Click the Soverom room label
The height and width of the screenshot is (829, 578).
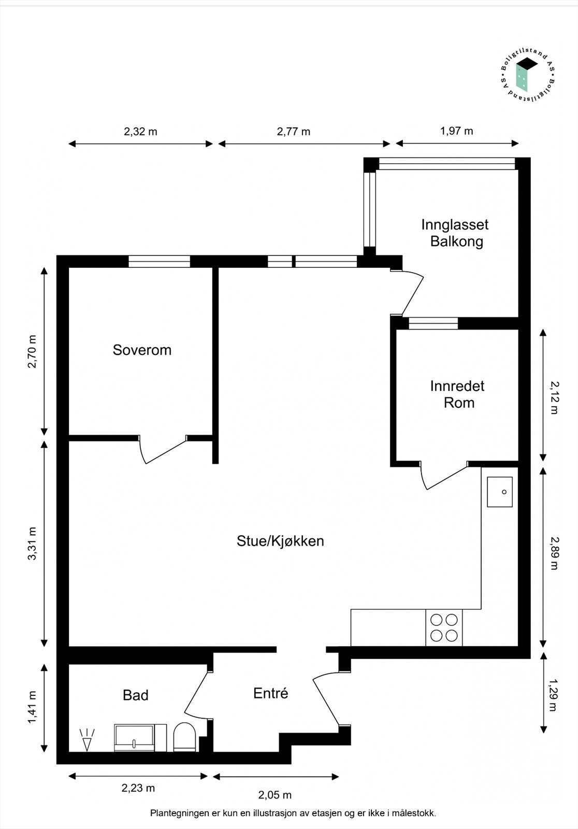point(142,350)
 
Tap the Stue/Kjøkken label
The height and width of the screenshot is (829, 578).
point(280,541)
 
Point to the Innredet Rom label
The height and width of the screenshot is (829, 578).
point(458,394)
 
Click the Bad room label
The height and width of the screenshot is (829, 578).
point(136,695)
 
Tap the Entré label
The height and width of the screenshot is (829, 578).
point(270,693)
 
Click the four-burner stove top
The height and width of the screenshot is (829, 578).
point(444,627)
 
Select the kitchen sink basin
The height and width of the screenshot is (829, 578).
point(500,492)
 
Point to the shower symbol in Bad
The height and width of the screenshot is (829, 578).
point(86,739)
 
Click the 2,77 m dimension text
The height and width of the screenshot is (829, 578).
point(294,132)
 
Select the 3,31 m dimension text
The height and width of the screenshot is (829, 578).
point(33,544)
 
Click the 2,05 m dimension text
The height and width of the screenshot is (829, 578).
point(275,795)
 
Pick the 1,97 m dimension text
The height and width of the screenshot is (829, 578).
point(456,131)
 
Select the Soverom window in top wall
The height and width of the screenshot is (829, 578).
point(159,262)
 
